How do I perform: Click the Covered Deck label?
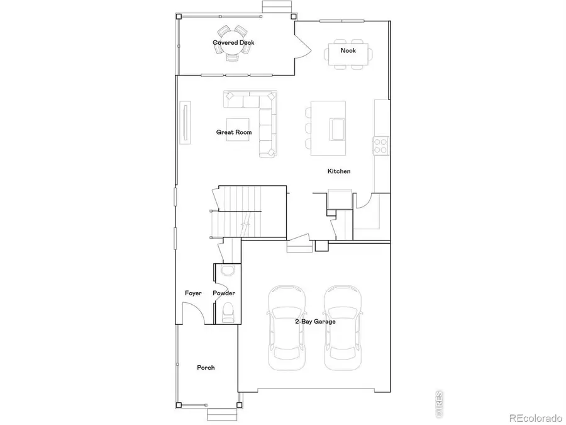233,43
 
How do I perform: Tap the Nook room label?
348,50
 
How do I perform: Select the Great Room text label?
234,132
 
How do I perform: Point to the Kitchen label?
339,171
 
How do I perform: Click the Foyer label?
193,293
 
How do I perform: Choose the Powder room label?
224,293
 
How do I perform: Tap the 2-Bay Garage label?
315,321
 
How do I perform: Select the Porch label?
206,368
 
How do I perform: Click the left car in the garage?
286,327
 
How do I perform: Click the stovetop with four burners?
381,145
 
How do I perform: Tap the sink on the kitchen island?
337,130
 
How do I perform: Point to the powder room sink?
227,270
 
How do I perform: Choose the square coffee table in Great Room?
238,130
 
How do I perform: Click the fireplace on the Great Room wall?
186,123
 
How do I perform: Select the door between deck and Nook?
302,47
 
